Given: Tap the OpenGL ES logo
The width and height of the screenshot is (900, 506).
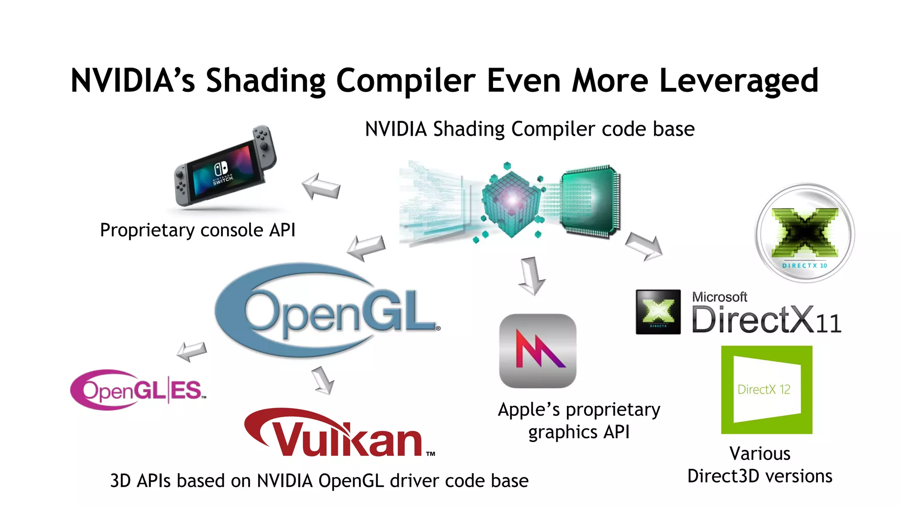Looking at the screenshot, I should click(138, 390).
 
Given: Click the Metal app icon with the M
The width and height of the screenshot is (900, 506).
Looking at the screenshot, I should click(537, 351).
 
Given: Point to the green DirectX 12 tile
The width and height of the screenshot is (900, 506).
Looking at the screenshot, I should click(766, 390).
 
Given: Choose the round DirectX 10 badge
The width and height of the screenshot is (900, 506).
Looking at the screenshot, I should click(805, 233).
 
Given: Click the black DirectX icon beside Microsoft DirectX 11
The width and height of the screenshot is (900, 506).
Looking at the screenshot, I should click(658, 312).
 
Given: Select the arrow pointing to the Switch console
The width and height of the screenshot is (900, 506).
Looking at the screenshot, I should click(321, 186).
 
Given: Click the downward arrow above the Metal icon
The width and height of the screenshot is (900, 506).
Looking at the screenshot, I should click(532, 276).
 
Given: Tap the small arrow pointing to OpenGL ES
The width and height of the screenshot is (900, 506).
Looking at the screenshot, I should click(192, 351).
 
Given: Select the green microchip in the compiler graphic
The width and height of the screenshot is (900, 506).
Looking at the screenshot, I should click(590, 202).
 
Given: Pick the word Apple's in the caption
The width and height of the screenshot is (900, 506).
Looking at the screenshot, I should click(529, 410).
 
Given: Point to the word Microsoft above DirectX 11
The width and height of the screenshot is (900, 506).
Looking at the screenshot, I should click(719, 297).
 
